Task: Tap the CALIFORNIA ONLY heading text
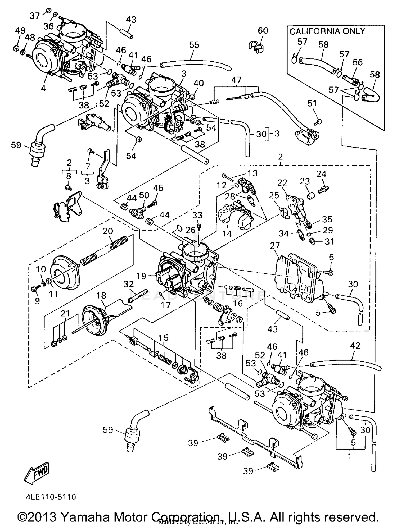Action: click(327, 31)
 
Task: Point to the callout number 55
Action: click(194, 45)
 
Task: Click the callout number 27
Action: click(275, 246)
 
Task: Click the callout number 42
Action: click(355, 345)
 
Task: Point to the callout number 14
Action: click(227, 233)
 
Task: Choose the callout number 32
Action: click(129, 284)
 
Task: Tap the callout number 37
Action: click(34, 16)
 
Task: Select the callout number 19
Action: click(141, 276)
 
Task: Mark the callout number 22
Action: click(282, 182)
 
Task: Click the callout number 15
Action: click(164, 338)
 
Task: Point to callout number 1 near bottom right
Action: click(350, 456)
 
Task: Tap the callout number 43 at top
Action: click(131, 20)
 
